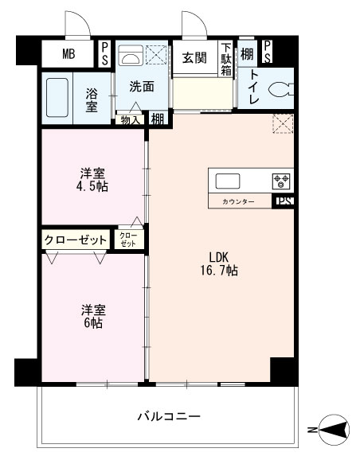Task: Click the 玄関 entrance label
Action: [194, 57]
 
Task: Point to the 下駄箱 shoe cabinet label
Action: [226, 59]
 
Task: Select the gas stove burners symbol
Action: [281, 179]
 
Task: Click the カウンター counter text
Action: [238, 202]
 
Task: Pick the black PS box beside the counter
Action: [284, 201]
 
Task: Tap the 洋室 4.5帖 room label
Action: [93, 180]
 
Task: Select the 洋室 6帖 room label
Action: [93, 316]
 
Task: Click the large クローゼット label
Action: [76, 239]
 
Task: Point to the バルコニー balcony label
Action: [168, 416]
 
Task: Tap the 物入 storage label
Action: [130, 119]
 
